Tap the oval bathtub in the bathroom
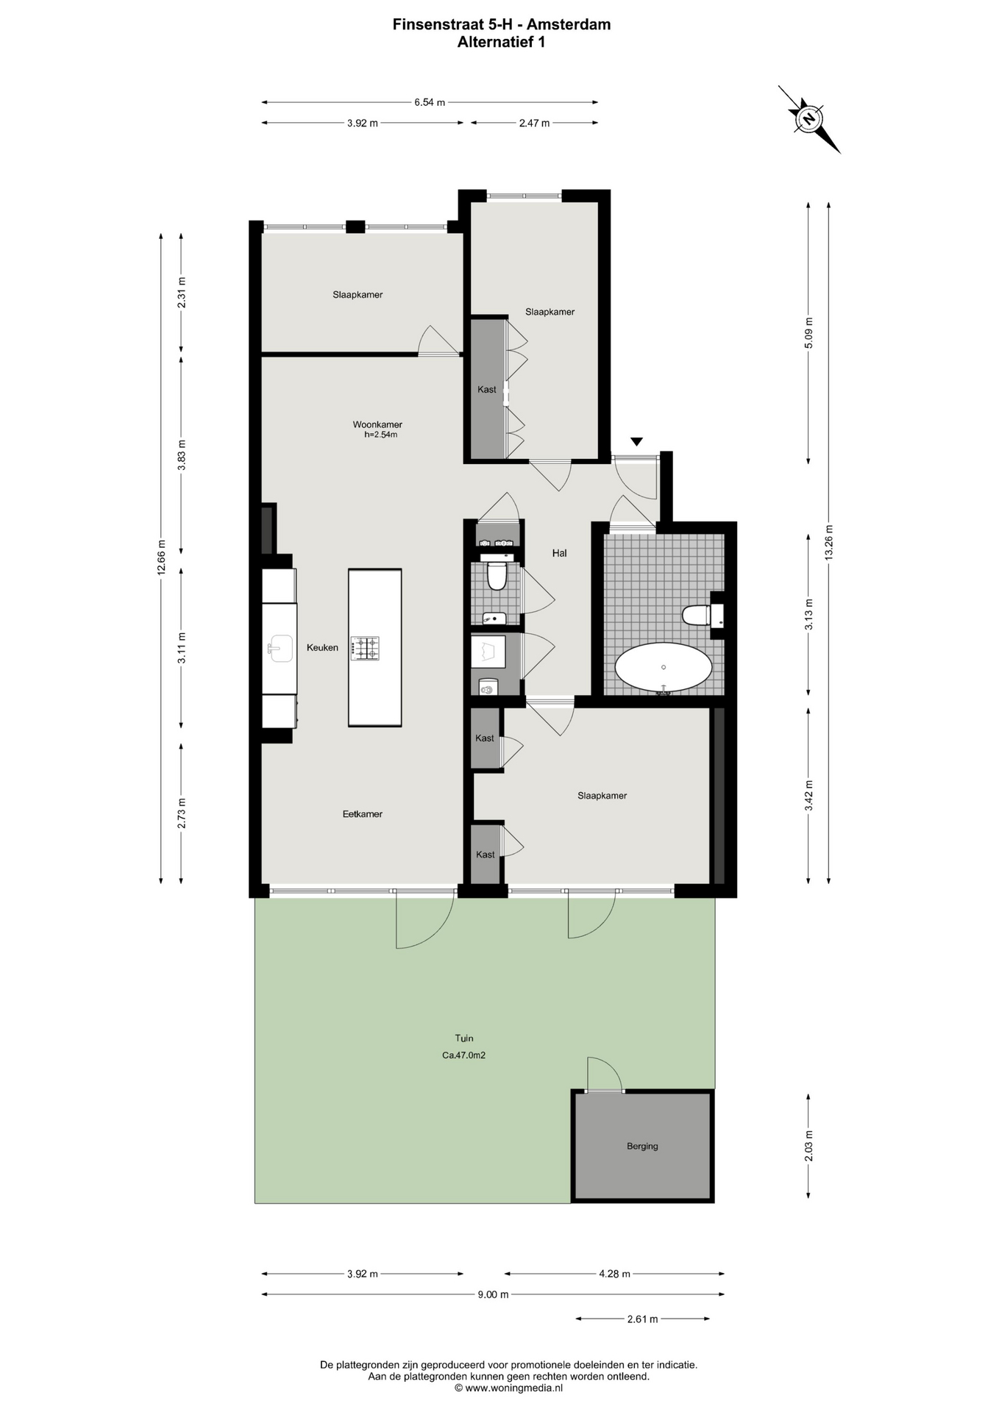pos(664,668)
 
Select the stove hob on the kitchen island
pos(365,647)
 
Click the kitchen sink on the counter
pos(280,648)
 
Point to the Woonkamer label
pos(377,424)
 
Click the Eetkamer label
pos(363,814)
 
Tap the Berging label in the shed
pos(642,1146)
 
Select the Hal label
pos(559,553)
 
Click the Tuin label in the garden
pos(463,1038)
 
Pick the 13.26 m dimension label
pos(829,543)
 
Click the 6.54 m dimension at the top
pos(430,102)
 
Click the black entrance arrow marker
pos(636,441)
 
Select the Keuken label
pos(322,648)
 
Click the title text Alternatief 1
pos(501,42)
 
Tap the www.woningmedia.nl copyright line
pos(508,1388)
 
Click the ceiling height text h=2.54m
pos(381,435)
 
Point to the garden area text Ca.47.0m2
pos(463,1055)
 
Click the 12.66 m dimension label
pos(161,559)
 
